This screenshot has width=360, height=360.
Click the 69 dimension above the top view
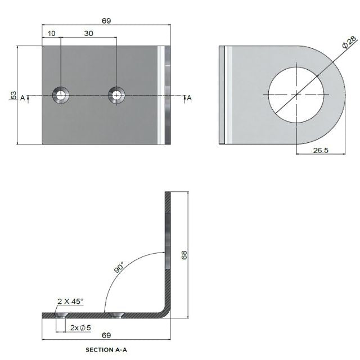point(106,21)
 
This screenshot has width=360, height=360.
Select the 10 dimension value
point(52,34)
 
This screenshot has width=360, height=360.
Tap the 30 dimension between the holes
point(88,34)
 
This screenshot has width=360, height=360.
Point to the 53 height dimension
point(12,95)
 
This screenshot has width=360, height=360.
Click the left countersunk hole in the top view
point(60,95)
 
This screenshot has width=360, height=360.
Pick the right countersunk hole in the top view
point(116,95)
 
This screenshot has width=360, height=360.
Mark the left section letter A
point(23,98)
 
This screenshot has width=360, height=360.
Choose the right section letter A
point(189,98)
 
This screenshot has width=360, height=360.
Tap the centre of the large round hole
point(295,94)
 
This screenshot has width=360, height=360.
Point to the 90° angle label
point(120,267)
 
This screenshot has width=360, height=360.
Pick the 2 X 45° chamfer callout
point(70,301)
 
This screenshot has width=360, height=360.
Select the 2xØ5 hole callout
point(81,327)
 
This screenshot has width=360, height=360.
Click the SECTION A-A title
point(107,350)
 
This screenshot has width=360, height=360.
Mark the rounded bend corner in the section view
point(165,312)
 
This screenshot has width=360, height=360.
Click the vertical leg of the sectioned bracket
point(168,247)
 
